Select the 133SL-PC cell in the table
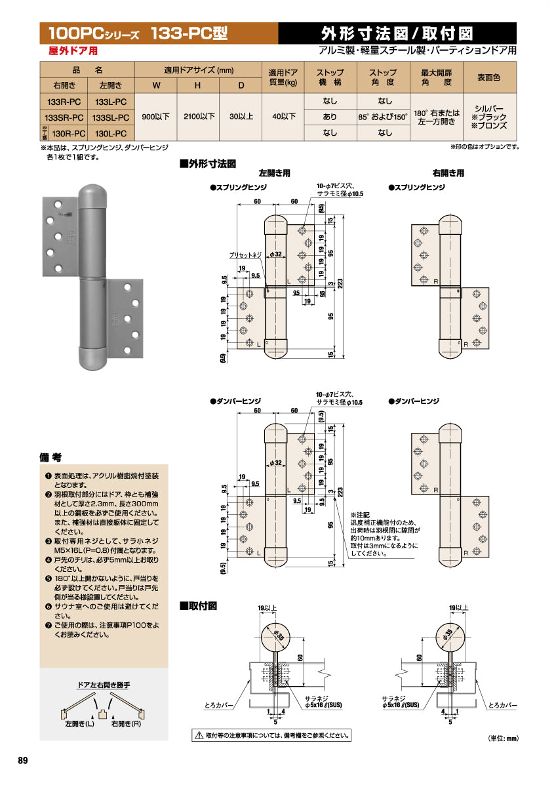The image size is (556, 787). (110, 117)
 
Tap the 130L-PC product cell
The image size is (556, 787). (110, 133)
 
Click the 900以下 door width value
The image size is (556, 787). (155, 117)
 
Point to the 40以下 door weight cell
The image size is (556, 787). (283, 117)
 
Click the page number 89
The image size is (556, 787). (23, 760)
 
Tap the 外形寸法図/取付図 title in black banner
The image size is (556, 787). (397, 33)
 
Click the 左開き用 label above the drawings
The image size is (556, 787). (274, 174)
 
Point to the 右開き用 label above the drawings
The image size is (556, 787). (448, 174)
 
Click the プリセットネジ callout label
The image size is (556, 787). (245, 254)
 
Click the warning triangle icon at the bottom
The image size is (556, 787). (198, 736)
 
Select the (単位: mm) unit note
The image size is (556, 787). (503, 739)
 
